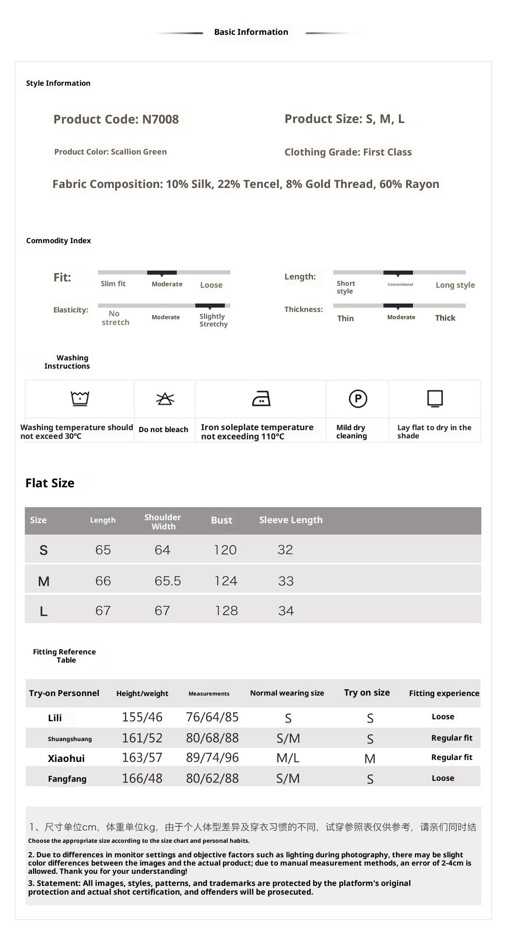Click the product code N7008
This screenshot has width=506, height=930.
point(160,119)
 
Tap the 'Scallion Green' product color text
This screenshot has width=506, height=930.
point(139,152)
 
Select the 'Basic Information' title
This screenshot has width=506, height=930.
point(251,32)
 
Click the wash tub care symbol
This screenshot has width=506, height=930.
point(80,398)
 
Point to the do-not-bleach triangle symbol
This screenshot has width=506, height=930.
point(165,399)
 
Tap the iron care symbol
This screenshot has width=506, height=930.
point(261,399)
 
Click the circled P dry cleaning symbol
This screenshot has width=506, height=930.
point(358,399)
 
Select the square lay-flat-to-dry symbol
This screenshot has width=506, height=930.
point(435,398)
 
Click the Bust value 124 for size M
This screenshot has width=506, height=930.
point(226,581)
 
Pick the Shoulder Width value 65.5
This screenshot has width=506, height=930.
point(168,581)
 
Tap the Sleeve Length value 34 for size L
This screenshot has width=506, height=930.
point(286,611)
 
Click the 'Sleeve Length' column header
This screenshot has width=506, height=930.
point(291,520)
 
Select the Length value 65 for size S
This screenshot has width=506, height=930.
point(103,550)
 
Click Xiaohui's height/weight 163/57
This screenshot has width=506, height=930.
point(142,758)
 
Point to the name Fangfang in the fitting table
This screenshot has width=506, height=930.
point(67,779)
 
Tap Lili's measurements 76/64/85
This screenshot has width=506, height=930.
point(212,717)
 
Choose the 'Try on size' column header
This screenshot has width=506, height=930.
point(367,693)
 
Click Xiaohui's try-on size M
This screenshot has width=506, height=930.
point(370,759)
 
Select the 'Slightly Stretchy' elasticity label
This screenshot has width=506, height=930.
point(213,320)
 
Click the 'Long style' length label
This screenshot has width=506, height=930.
point(455,285)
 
